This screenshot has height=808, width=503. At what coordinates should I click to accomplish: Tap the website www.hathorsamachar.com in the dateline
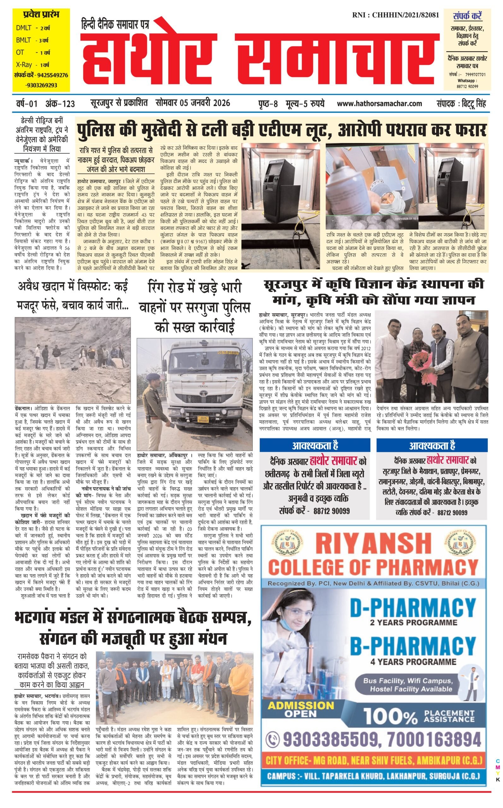pyautogui.click(x=379, y=104)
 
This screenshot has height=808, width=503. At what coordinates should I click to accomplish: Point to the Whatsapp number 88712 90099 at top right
pyautogui.click(x=467, y=86)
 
